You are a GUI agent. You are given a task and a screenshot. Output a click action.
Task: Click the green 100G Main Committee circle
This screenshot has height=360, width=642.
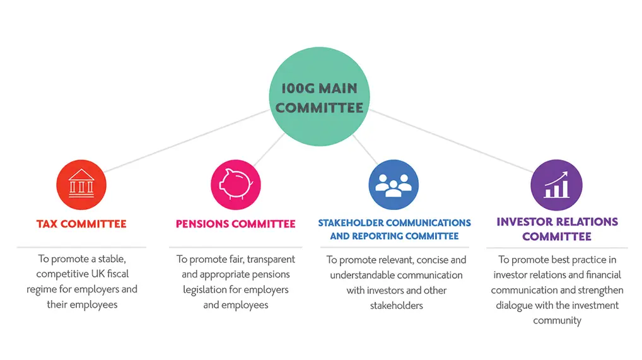(319, 96)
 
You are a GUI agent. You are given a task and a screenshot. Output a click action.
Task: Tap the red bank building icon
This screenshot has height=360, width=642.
(81, 185)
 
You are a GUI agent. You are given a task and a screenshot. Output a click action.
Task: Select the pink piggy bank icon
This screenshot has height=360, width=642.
(236, 185)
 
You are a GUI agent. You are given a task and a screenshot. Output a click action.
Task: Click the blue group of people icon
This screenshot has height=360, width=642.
(394, 185)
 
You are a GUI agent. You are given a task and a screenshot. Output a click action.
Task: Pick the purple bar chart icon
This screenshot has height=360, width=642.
(556, 185)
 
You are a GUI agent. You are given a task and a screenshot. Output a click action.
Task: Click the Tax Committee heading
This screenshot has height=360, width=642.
(81, 224)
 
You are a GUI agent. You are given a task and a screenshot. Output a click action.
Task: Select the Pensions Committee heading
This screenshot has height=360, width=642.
(236, 224)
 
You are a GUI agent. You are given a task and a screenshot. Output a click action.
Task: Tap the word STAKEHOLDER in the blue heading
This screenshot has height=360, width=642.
(351, 223)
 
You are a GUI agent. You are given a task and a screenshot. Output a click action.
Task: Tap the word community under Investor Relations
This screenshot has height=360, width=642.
(557, 321)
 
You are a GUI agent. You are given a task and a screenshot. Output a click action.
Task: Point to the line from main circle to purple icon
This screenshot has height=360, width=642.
(451, 141)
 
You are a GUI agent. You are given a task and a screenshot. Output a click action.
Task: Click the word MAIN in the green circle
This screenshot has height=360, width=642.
(338, 88)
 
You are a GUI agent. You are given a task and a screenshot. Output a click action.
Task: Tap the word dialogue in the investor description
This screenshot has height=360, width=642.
(513, 306)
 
